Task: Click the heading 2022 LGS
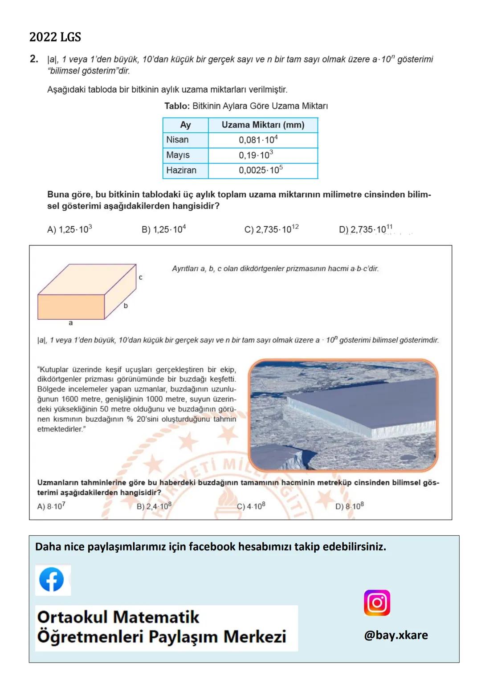[x=55, y=37]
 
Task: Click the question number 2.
[x=34, y=59]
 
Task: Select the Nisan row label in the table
[x=177, y=140]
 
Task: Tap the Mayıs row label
[x=178, y=155]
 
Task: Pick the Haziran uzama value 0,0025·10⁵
[x=261, y=170]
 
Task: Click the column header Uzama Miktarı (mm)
[x=263, y=125]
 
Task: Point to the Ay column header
[x=185, y=125]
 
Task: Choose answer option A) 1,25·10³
[x=69, y=229]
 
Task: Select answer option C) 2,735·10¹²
[x=271, y=229]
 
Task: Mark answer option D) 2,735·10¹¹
[x=366, y=229]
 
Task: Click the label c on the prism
[x=140, y=277]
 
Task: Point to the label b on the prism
[x=126, y=305]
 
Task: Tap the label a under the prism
[x=71, y=323]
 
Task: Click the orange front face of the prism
[x=71, y=307]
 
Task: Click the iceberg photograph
[x=343, y=415]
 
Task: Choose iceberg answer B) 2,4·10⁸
[x=154, y=506]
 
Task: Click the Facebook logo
[x=52, y=580]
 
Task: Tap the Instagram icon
[x=377, y=603]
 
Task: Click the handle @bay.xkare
[x=396, y=635]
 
